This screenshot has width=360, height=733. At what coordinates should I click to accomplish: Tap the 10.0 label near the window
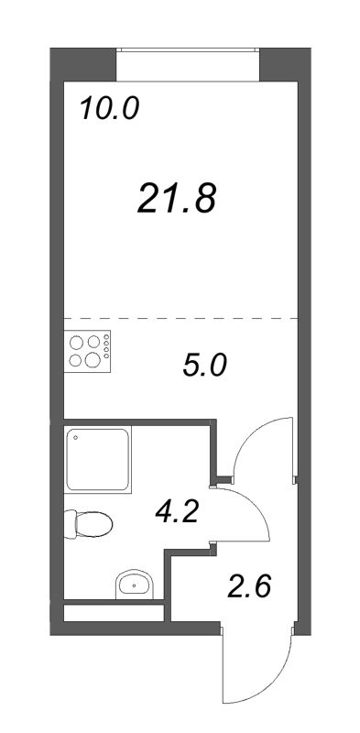pyautogui.click(x=108, y=110)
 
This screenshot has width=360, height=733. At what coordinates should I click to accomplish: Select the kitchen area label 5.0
pyautogui.click(x=202, y=366)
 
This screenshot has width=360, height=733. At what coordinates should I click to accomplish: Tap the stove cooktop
pyautogui.click(x=89, y=349)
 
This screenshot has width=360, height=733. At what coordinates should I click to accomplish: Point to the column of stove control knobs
pyautogui.click(x=108, y=349)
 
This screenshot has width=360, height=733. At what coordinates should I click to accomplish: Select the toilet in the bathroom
pyautogui.click(x=90, y=525)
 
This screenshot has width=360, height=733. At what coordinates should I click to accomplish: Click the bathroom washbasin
pyautogui.click(x=136, y=583)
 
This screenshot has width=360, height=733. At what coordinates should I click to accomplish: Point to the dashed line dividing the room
pyautogui.click(x=180, y=318)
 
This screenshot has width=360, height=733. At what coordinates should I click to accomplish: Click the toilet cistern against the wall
pyautogui.click(x=71, y=525)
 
